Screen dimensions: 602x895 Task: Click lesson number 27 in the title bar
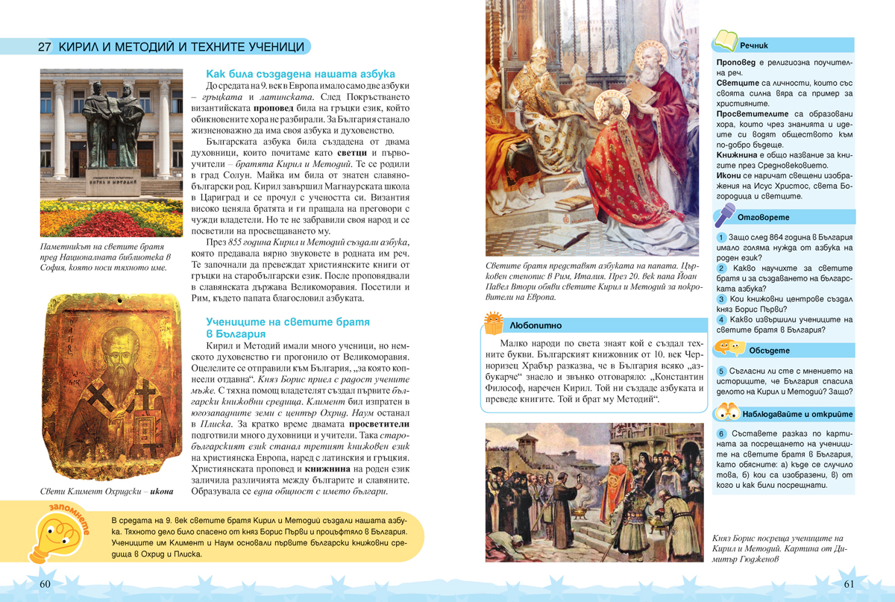[x=44, y=46]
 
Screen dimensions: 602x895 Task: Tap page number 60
[x=45, y=583]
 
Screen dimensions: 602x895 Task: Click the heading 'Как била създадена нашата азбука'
[x=300, y=74]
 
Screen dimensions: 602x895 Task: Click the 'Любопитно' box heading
[x=536, y=326]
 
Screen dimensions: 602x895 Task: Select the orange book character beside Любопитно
[x=493, y=322]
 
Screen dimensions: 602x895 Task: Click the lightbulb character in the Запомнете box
[x=52, y=536]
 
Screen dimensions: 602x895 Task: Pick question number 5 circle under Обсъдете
[x=721, y=371]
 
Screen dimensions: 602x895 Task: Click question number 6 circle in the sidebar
[x=721, y=433]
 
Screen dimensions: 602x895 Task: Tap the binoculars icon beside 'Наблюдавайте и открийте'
[x=727, y=412]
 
